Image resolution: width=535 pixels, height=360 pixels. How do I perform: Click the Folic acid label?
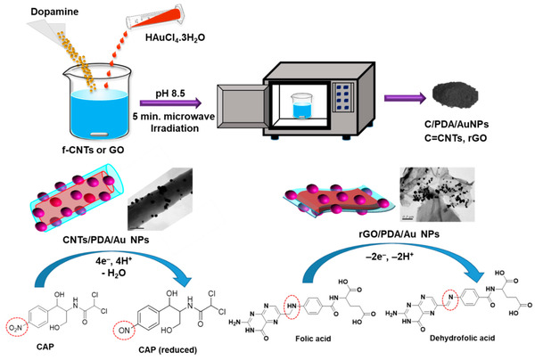pos(347,340)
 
